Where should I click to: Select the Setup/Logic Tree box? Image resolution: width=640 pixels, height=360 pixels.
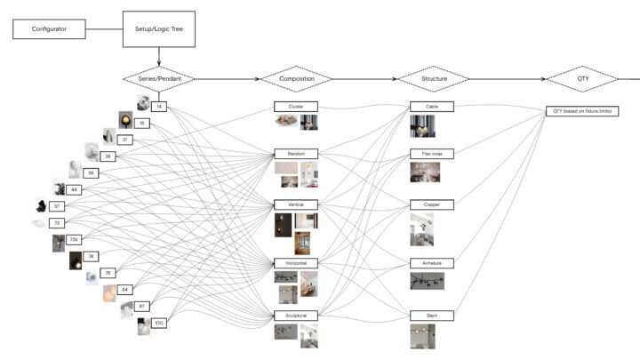click(159, 28)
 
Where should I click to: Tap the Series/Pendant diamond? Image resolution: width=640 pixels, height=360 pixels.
click(159, 79)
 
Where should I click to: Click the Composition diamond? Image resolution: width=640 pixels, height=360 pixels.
click(296, 79)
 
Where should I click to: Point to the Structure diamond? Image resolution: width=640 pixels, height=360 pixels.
click(433, 79)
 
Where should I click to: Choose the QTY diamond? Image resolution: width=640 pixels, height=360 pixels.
click(582, 79)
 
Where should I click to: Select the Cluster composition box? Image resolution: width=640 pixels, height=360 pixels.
click(296, 107)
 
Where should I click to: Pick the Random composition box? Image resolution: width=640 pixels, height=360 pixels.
click(296, 154)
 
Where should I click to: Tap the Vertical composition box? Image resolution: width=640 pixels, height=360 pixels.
click(296, 205)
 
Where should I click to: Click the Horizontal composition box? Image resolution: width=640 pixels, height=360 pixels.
click(296, 264)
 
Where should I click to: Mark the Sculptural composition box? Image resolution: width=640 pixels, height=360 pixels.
click(296, 316)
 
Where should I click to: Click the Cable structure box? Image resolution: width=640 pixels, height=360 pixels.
click(432, 107)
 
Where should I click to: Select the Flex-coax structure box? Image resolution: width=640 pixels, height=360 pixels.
click(432, 154)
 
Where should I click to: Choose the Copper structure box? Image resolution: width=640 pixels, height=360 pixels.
click(432, 204)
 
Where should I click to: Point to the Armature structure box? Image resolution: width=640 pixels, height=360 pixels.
click(432, 263)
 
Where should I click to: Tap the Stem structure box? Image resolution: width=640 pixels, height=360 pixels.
click(432, 316)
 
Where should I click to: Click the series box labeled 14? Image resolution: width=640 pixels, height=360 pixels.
click(159, 107)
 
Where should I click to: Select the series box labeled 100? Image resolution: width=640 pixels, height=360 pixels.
click(159, 323)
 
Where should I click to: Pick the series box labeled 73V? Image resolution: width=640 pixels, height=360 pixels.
click(75, 239)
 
